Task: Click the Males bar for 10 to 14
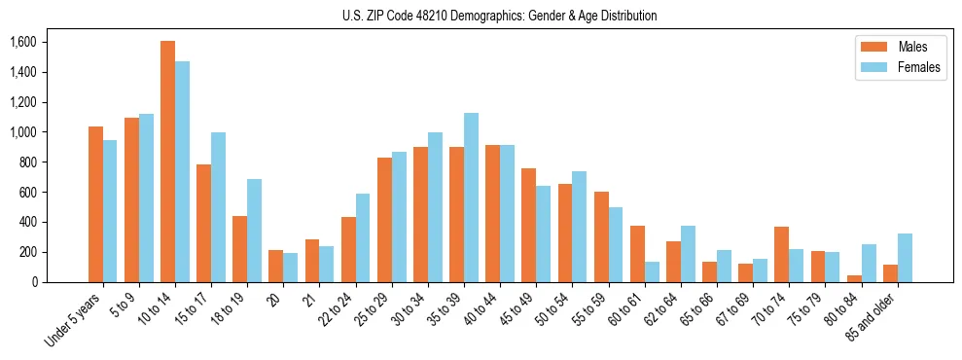[x=167, y=162]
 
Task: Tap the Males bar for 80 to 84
[x=818, y=278]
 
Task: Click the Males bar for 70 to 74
[x=782, y=254]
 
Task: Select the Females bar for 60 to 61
[x=652, y=271]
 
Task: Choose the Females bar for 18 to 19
[x=254, y=231]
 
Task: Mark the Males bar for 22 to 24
[x=348, y=249]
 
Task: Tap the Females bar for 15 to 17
[x=218, y=207]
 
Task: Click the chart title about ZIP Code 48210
[x=499, y=16]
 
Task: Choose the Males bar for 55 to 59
[x=601, y=236]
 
